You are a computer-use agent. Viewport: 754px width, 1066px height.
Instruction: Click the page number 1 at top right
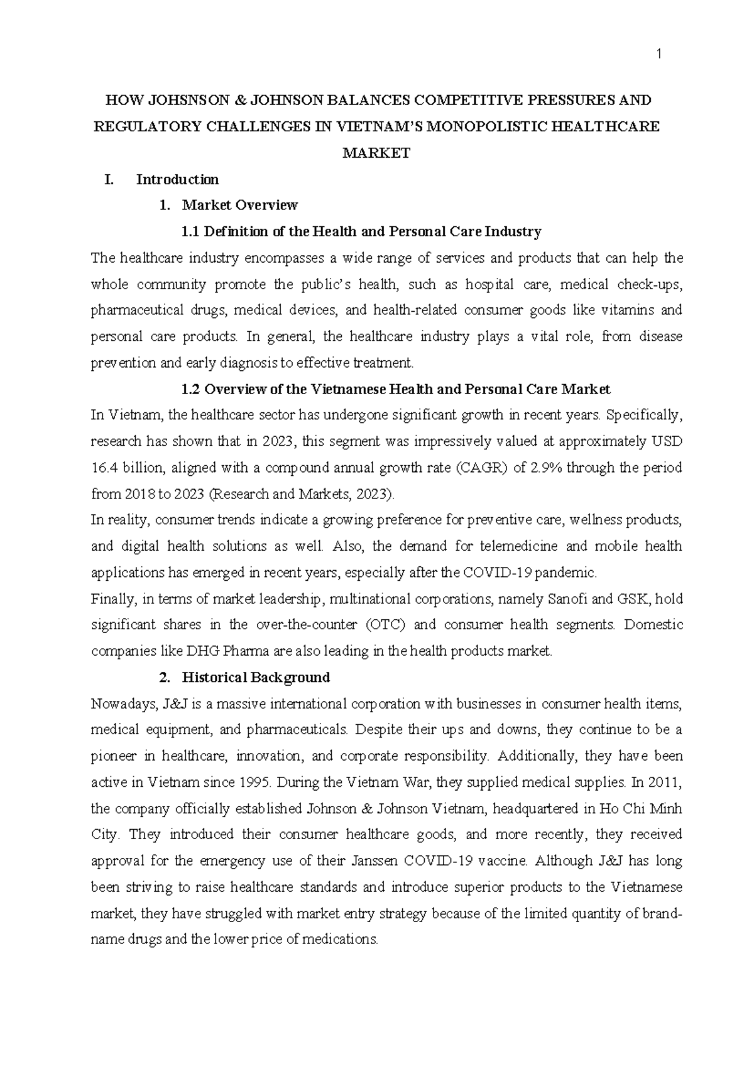[x=659, y=55]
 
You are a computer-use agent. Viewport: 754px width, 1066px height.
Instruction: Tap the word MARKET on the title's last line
[x=376, y=153]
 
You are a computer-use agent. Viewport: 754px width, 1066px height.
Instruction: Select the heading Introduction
[x=177, y=180]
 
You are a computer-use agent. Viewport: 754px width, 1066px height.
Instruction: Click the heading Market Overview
[x=239, y=206]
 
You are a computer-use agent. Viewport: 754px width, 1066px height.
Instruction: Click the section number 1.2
[x=190, y=390]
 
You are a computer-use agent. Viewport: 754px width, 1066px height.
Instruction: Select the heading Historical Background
[x=255, y=678]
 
